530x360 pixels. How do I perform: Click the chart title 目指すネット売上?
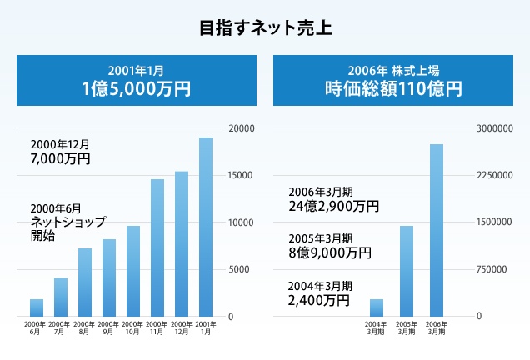pos(265,28)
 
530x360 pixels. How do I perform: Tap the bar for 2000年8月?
pos(84,282)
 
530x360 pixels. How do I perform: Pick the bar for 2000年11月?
pos(157,247)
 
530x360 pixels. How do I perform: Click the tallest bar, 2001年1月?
pos(206,227)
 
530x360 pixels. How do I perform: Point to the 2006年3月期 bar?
pos(436,230)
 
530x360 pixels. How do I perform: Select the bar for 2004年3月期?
pos(377,307)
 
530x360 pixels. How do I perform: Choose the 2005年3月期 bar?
pos(407,270)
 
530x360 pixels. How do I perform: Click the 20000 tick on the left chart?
pos(242,128)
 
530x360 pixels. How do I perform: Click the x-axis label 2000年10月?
pos(132,327)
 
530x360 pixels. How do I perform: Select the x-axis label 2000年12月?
pos(181,327)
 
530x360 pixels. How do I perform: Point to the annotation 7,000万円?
pos(60,158)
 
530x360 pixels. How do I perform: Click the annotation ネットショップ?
pos(67,222)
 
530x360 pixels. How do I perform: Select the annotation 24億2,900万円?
pos(334,205)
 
